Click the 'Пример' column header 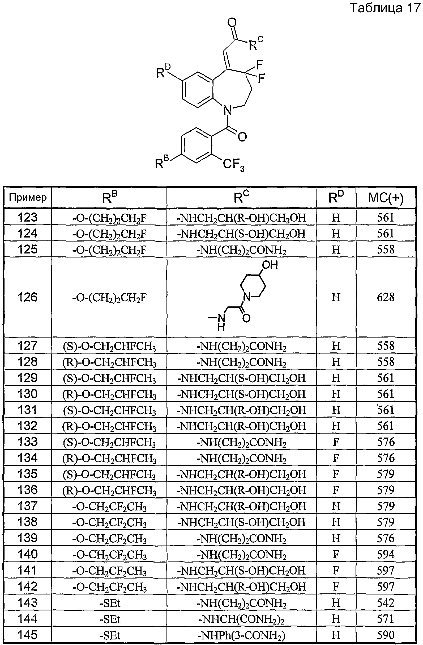pos(28,198)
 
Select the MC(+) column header pos(386,198)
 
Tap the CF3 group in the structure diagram pos(234,165)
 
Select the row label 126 pos(27,297)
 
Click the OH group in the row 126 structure pos(270,264)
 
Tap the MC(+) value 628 pos(386,297)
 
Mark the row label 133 pos(27,442)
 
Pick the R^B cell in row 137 pos(109,506)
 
